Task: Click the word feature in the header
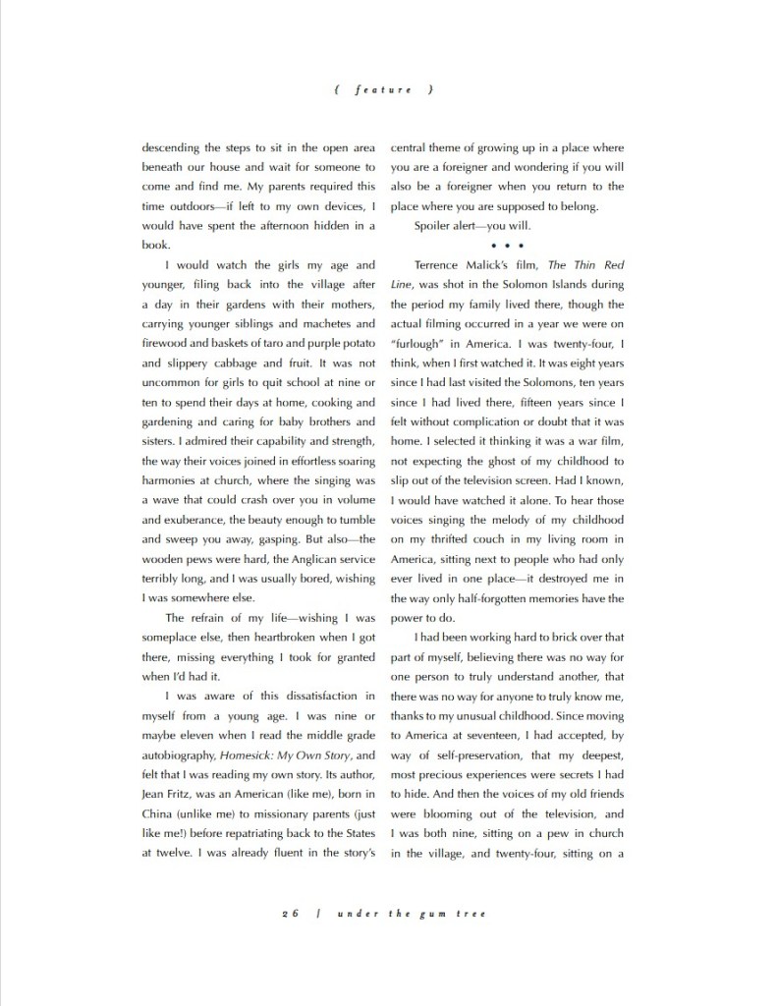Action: pos(384,89)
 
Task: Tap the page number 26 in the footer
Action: pos(289,913)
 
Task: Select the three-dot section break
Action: pos(508,246)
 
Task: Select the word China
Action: pos(160,814)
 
